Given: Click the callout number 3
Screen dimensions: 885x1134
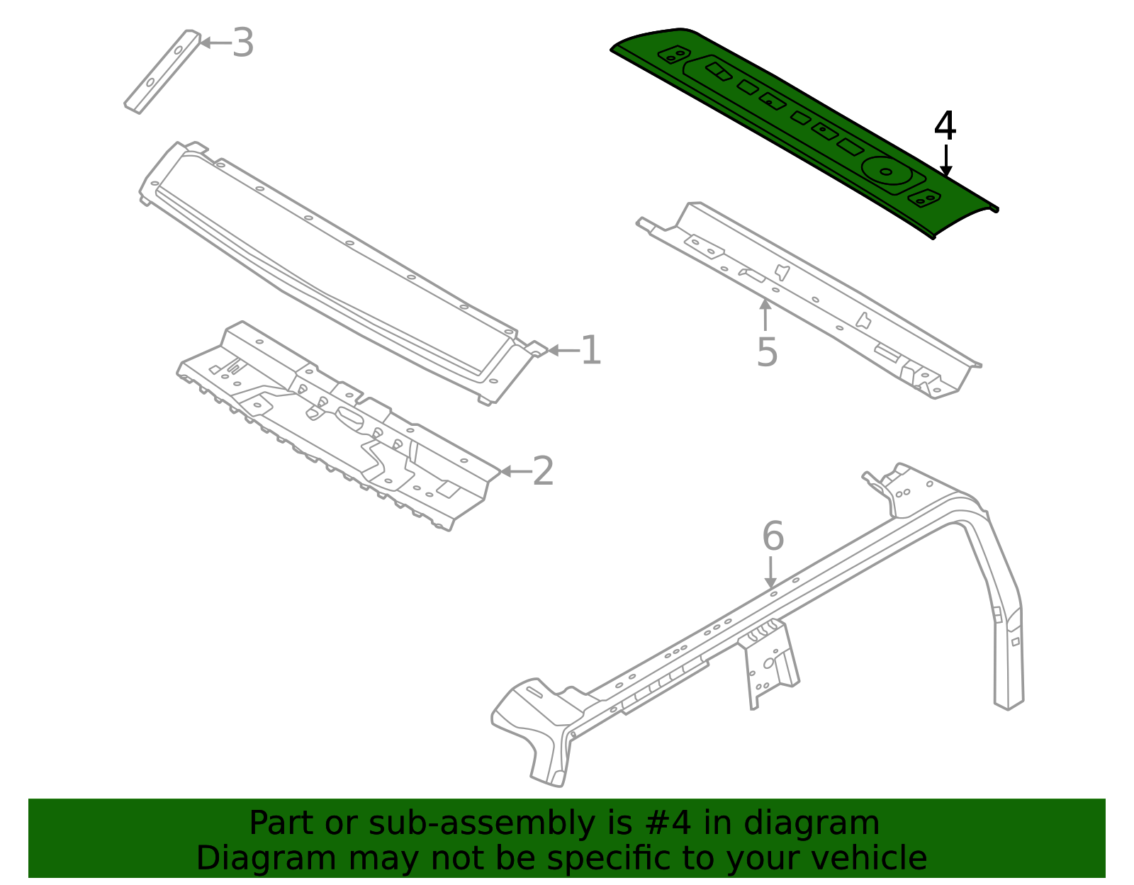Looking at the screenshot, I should click(x=243, y=43).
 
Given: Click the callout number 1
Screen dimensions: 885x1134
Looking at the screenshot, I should click(x=590, y=351).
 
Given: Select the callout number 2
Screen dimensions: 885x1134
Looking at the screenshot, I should click(x=543, y=471).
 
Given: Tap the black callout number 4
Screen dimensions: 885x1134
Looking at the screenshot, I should click(x=945, y=127).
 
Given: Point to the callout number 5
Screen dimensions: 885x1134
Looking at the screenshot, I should click(x=767, y=352).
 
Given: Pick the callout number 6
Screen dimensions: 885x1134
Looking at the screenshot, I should click(x=773, y=536).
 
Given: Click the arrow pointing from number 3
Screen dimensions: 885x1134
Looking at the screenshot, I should click(x=215, y=43).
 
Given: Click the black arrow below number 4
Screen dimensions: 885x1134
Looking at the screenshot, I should click(x=945, y=161).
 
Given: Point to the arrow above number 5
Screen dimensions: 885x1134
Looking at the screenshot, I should click(x=765, y=315).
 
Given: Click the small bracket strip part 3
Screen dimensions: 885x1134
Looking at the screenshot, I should click(x=162, y=72).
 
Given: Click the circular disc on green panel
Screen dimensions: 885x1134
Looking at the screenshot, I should click(x=886, y=171).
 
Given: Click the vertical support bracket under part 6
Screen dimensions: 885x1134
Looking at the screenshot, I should click(x=769, y=663).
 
